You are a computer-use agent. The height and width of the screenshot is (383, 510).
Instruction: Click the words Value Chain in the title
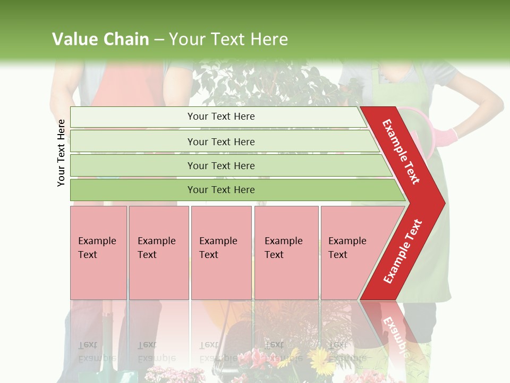click(x=100, y=39)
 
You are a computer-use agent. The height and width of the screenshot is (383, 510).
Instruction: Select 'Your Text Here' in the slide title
click(x=228, y=39)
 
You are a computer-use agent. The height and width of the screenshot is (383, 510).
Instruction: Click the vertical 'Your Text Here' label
click(x=61, y=153)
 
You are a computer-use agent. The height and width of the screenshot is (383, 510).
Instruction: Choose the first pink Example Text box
click(x=98, y=253)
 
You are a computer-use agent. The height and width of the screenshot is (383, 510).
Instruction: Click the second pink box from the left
click(x=158, y=253)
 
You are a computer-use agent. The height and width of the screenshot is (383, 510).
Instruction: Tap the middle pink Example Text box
click(x=221, y=253)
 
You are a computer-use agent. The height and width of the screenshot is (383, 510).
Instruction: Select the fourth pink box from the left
click(x=286, y=253)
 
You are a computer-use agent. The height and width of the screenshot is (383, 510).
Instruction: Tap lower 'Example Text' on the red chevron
click(x=403, y=251)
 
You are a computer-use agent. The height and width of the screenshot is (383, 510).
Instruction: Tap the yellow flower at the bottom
click(x=322, y=363)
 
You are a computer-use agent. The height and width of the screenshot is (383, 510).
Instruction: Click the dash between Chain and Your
click(x=159, y=40)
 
